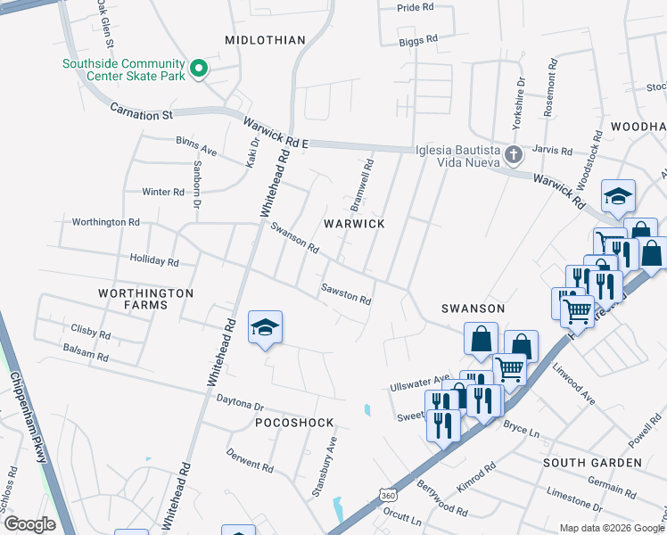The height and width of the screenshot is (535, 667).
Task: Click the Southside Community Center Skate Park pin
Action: (200, 70)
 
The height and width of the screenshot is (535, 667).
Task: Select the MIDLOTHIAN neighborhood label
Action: (265, 40)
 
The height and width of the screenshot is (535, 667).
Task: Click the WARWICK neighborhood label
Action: (354, 223)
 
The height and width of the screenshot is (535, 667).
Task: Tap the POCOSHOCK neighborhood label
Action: (294, 422)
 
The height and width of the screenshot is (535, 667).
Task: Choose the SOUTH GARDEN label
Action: (592, 463)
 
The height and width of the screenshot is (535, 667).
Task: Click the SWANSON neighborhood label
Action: (473, 309)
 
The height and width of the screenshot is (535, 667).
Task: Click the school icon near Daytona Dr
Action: (265, 328)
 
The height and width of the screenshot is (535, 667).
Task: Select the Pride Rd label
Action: (415, 7)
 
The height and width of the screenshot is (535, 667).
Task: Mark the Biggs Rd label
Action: (418, 40)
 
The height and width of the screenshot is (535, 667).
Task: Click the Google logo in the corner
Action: (29, 524)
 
